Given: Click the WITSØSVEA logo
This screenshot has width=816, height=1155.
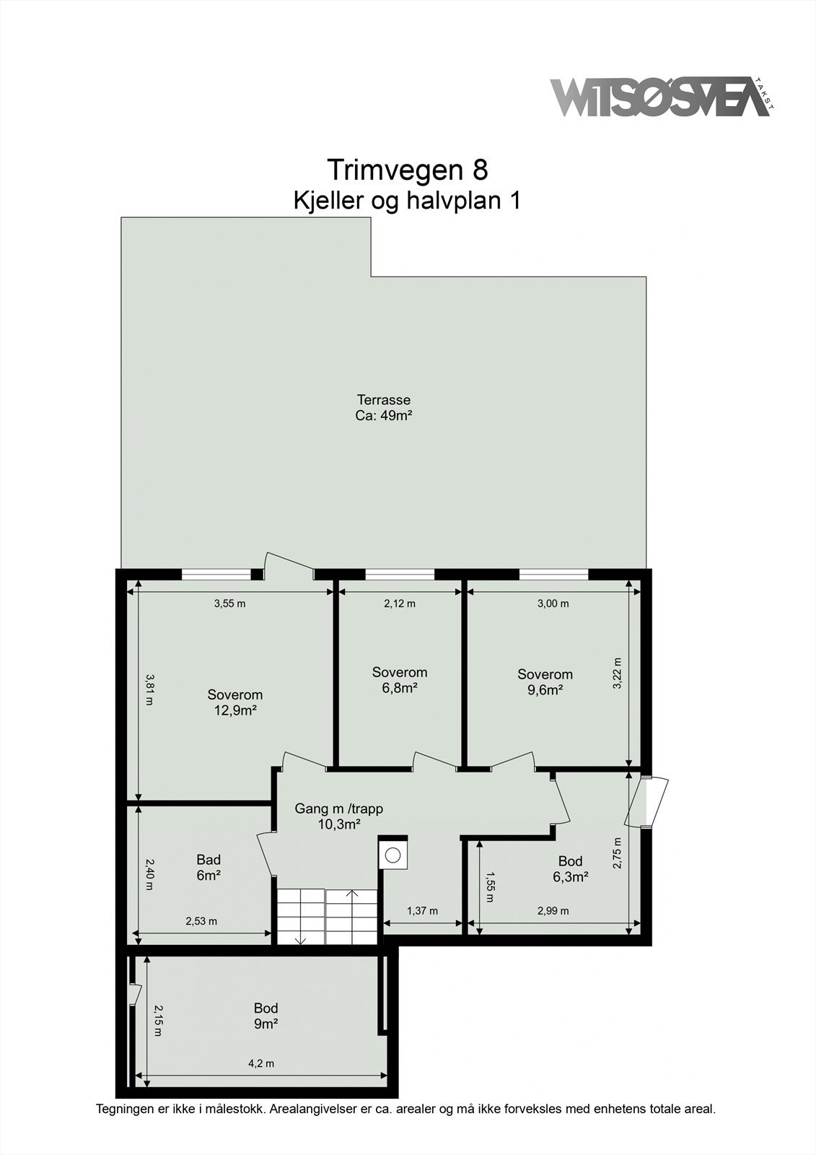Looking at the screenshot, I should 659,97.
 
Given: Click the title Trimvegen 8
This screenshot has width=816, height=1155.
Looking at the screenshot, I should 408,170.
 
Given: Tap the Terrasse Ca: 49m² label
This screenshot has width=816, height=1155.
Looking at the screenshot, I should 383,408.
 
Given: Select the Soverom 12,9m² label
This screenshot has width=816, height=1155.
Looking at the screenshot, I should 234,702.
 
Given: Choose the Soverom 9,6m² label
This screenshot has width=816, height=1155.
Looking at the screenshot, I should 545,682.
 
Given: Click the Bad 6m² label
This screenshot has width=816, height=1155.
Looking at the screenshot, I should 209,868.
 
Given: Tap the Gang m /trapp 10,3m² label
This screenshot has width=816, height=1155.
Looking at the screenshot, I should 338,816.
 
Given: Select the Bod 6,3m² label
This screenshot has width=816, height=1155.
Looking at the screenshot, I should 570,869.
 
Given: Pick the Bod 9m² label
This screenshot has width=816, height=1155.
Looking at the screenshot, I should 266,1016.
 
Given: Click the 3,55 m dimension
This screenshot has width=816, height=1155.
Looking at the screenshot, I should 229,603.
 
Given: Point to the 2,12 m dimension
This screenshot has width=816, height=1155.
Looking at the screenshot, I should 400,603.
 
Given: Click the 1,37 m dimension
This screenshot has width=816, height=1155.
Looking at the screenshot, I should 422,911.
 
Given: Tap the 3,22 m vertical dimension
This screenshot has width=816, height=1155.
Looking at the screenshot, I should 617,674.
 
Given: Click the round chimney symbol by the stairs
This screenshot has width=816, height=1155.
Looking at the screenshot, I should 392,855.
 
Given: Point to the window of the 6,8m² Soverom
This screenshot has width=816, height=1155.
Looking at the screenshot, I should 400,575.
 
